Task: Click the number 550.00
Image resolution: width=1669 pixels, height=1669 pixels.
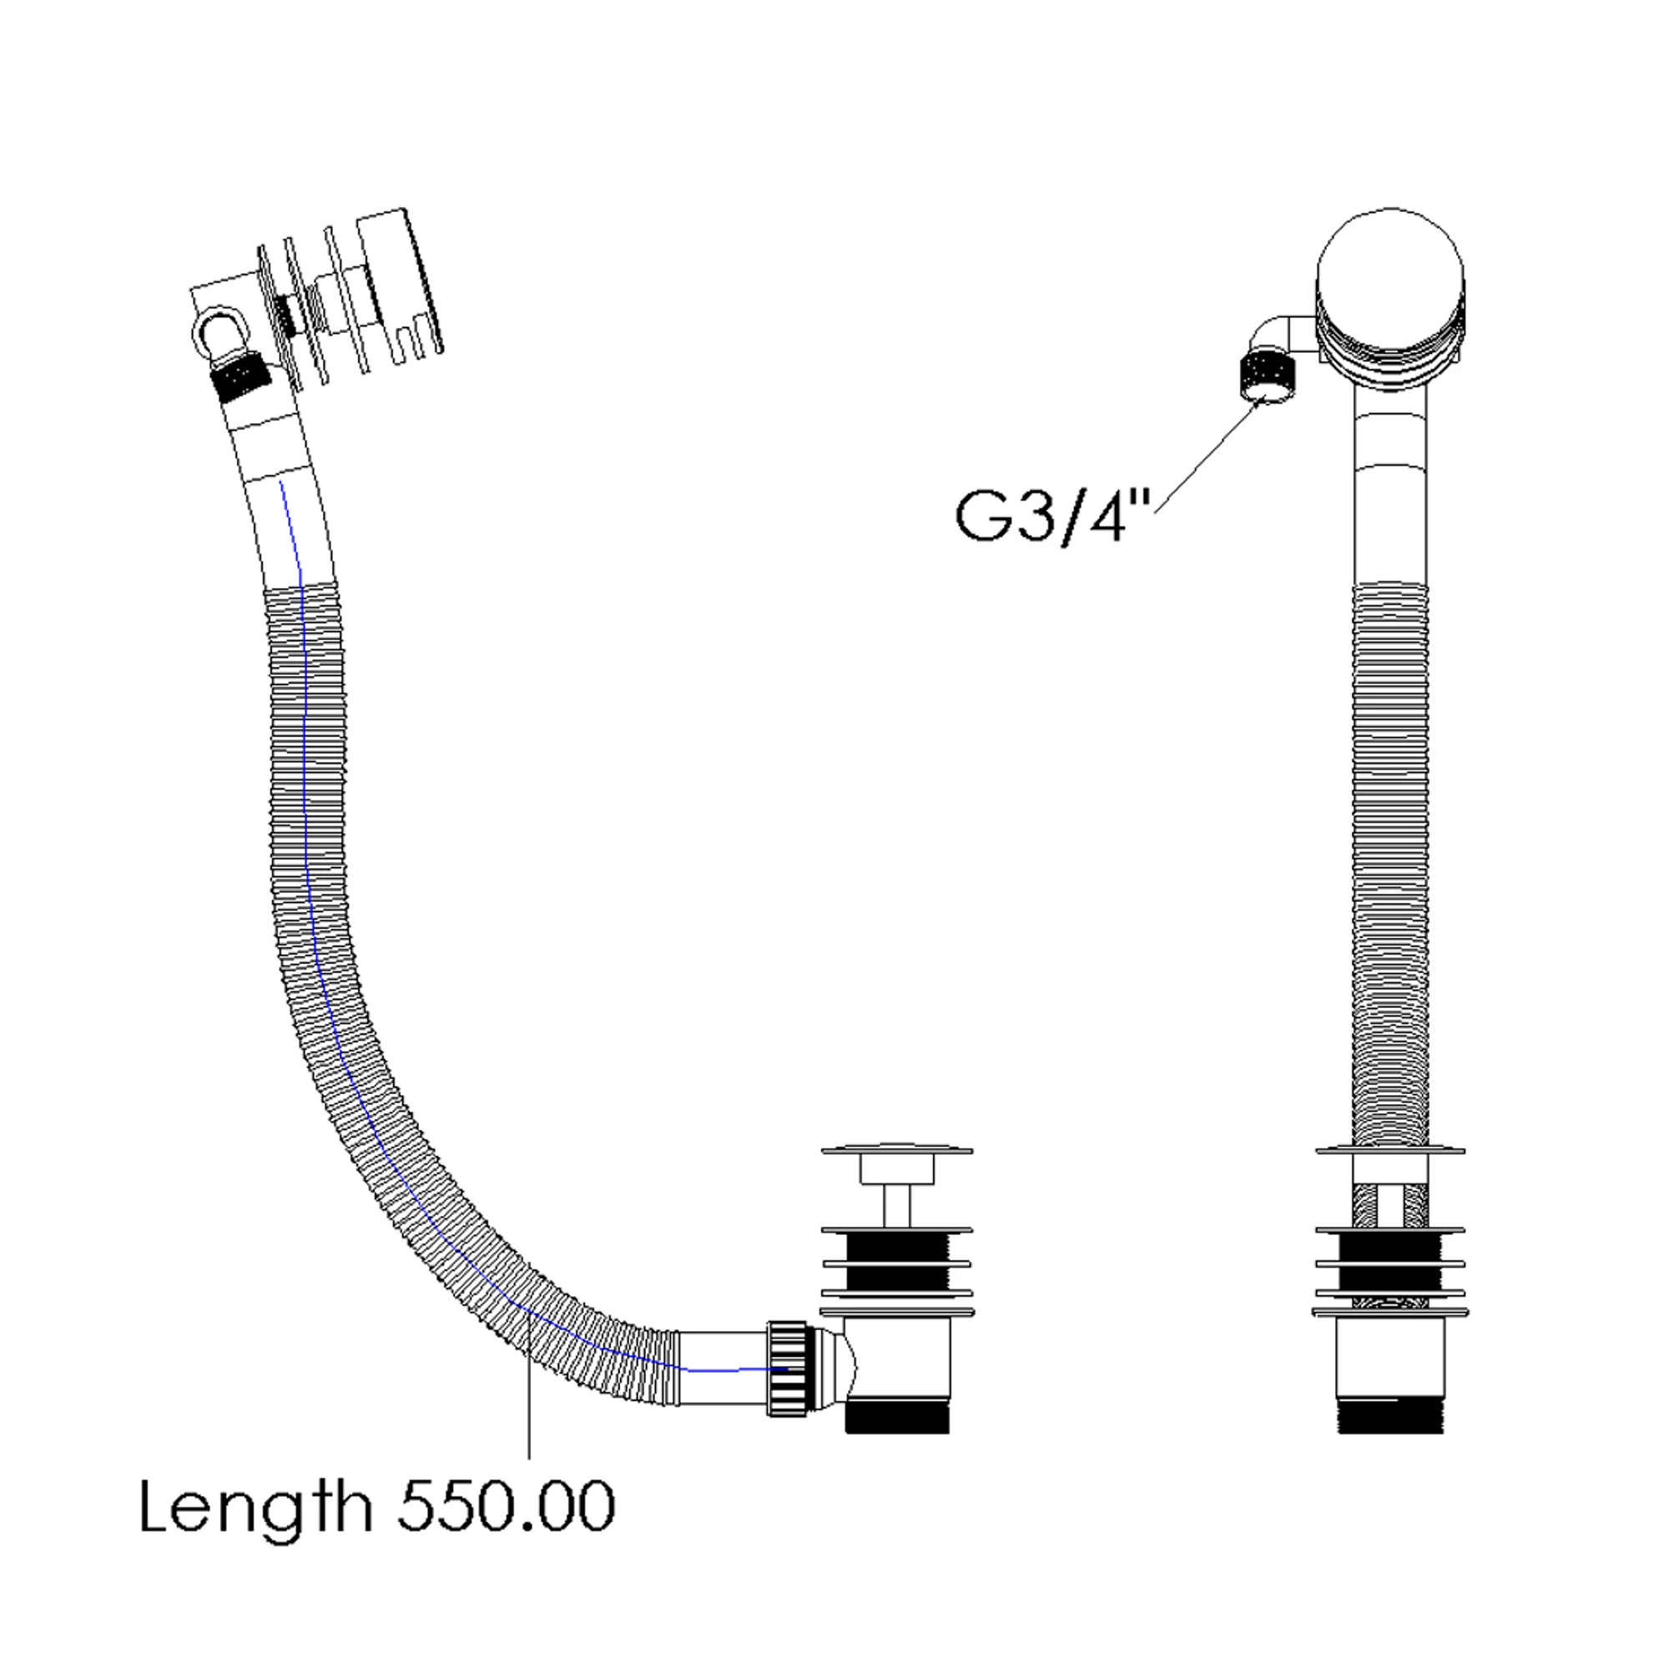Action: (507, 1506)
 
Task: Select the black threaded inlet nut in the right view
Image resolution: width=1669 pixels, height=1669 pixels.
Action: (1267, 373)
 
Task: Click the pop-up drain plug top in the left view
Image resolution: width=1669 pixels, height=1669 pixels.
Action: (897, 1152)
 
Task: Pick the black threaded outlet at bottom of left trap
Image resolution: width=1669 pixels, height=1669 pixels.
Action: (897, 1417)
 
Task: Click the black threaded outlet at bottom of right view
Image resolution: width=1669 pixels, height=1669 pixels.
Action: (1390, 1418)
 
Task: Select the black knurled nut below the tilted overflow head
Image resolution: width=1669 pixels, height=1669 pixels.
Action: (240, 376)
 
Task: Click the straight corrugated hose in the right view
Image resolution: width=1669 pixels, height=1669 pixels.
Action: (1390, 864)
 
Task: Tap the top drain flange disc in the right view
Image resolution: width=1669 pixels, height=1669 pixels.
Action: (1390, 1151)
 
